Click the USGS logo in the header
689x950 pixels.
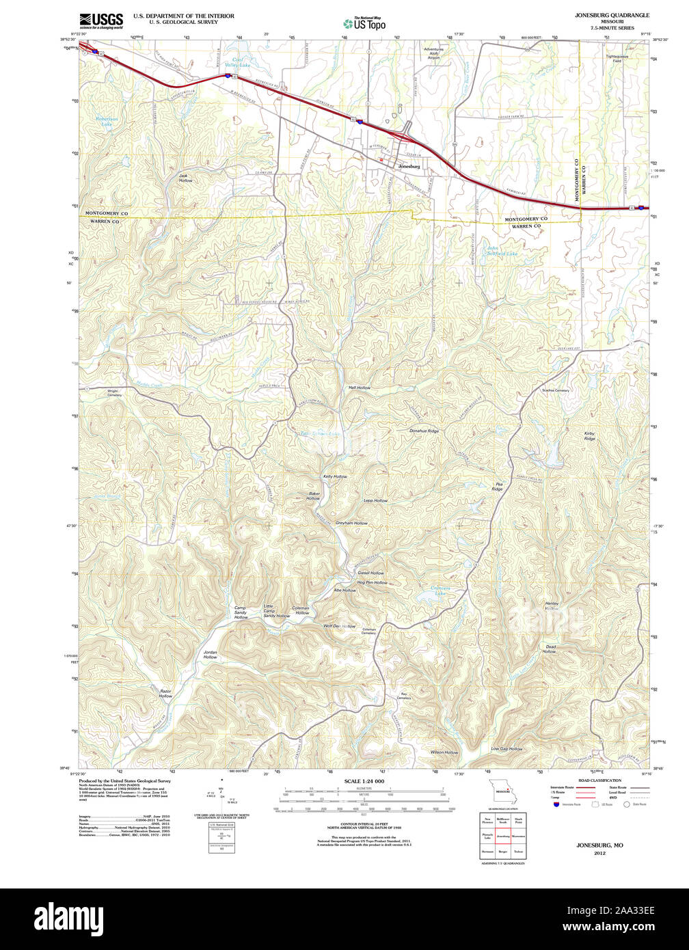click(x=100, y=21)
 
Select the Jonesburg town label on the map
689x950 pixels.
click(x=409, y=166)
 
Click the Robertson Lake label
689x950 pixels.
click(x=106, y=122)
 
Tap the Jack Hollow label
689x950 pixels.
click(x=185, y=178)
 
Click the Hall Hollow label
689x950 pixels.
click(x=359, y=388)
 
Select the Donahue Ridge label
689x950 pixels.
click(x=424, y=431)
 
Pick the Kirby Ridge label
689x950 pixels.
click(x=589, y=436)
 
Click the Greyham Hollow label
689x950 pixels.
click(x=351, y=523)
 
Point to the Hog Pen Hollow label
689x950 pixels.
click(x=372, y=582)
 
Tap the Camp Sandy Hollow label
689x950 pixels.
click(x=241, y=612)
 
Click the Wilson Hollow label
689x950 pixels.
click(x=444, y=752)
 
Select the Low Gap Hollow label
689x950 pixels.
click(x=506, y=749)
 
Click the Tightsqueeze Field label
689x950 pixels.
click(x=617, y=59)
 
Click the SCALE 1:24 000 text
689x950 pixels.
click(x=364, y=781)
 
